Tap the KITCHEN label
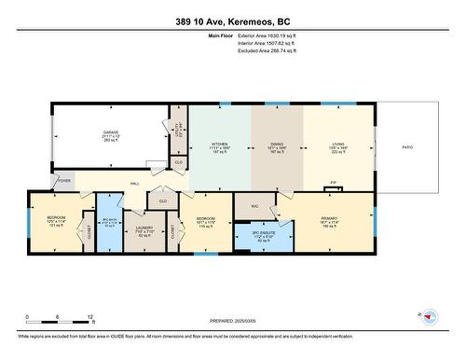coord(219,145)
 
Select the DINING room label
coord(277,145)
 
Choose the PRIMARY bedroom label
coord(328,220)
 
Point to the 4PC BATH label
coord(110,221)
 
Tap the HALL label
coord(134,184)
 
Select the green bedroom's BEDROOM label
coord(206,220)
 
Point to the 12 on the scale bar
coord(89,317)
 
